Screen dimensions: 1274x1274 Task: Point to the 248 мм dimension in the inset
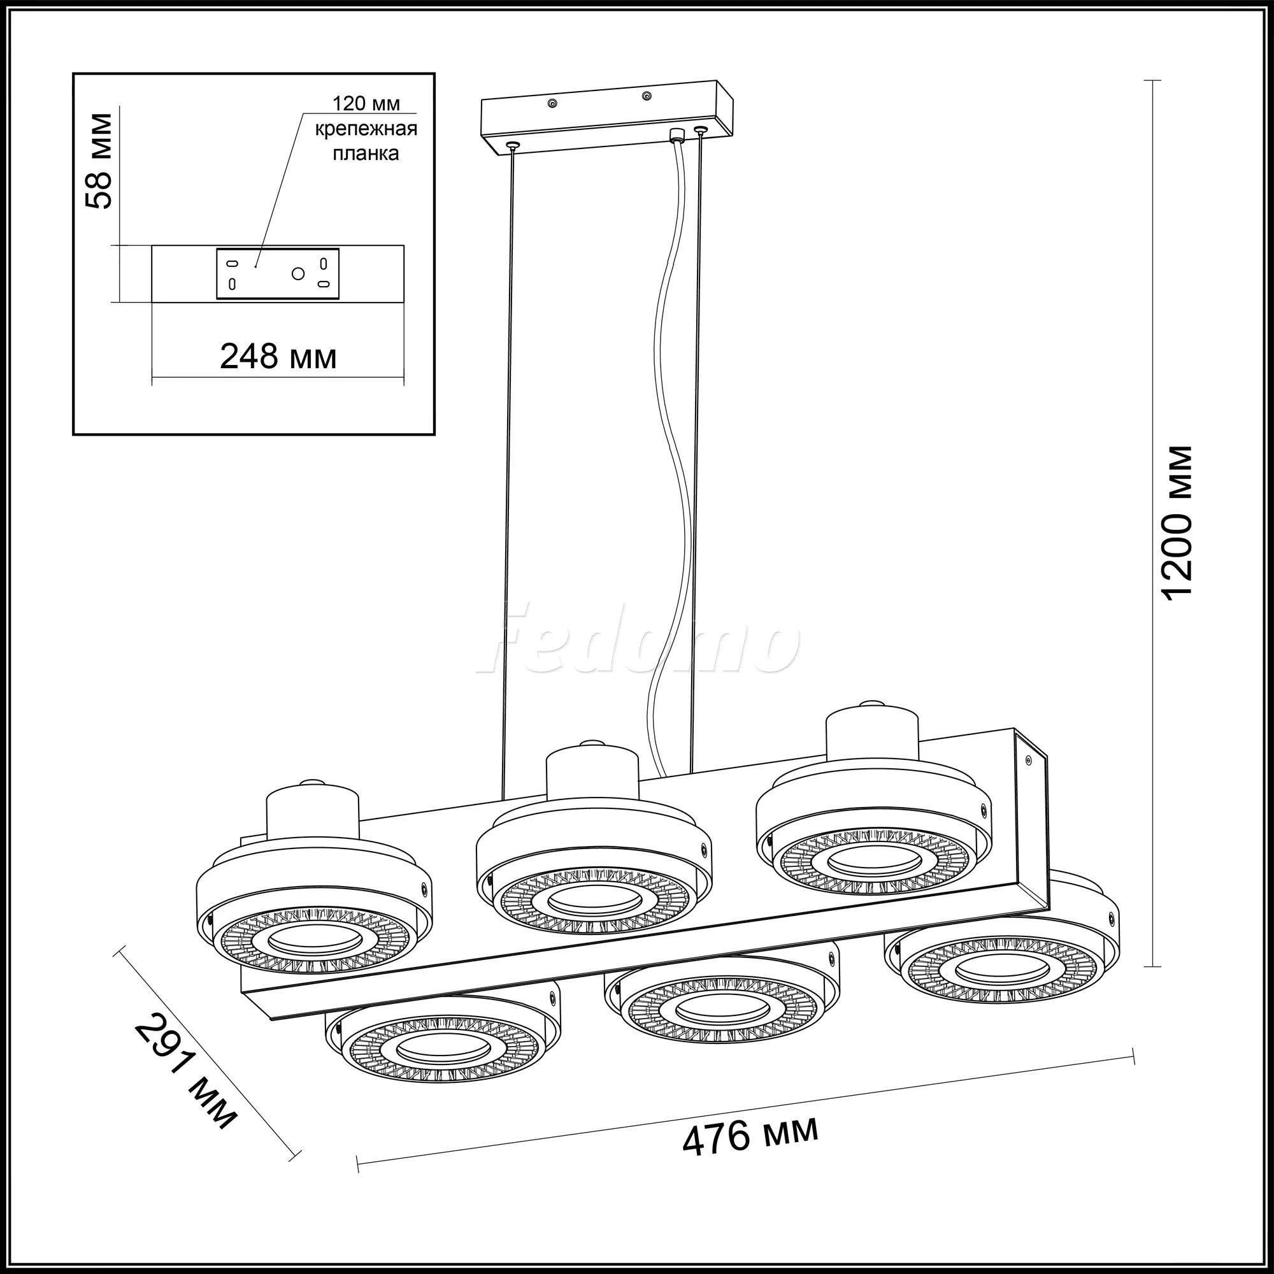278,357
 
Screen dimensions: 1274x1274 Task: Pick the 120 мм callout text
366,105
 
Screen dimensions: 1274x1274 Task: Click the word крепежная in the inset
366,129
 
